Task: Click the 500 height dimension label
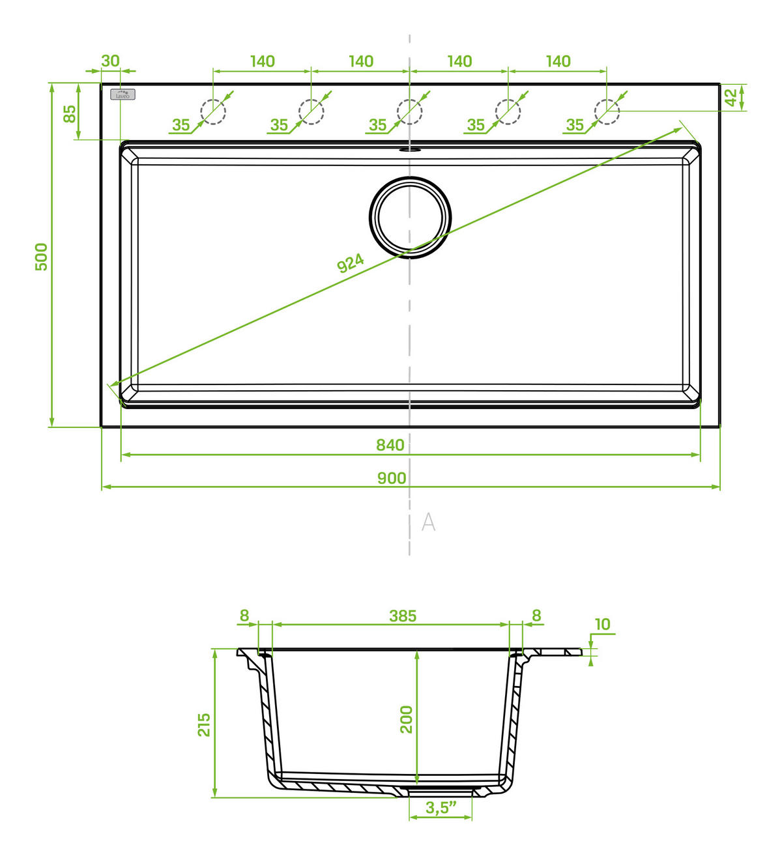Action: click(x=42, y=257)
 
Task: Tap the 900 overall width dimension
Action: click(x=392, y=478)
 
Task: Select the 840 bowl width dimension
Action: click(x=390, y=445)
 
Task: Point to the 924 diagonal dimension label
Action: click(x=350, y=263)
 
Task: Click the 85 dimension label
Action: click(x=70, y=113)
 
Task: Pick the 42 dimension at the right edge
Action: click(x=731, y=97)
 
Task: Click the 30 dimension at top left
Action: click(x=111, y=61)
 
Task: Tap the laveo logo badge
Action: click(x=123, y=94)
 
